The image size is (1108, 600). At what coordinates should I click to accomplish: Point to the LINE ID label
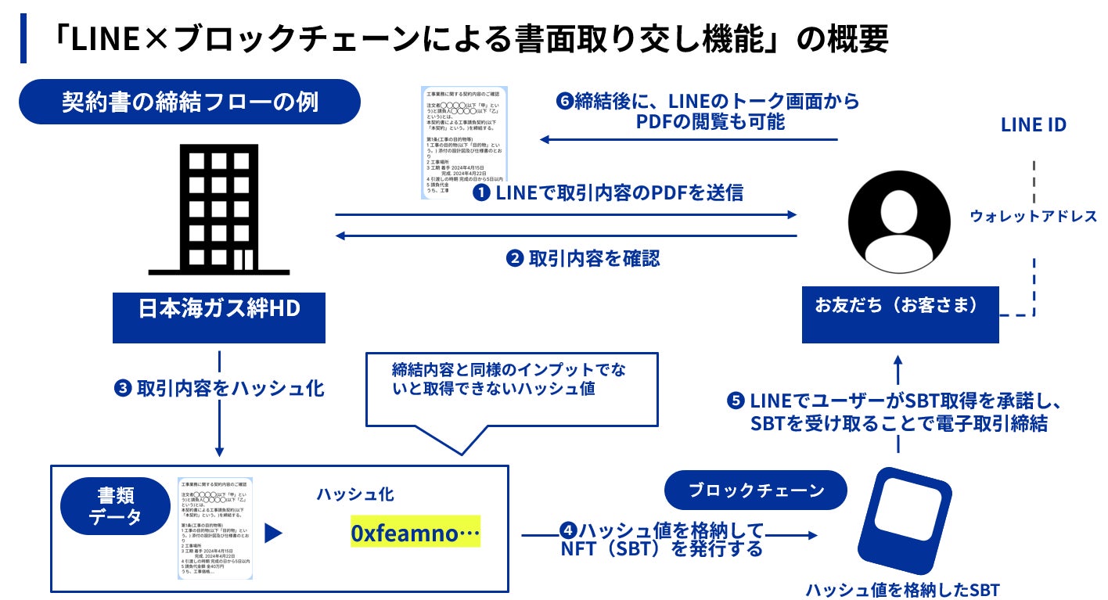point(1033,124)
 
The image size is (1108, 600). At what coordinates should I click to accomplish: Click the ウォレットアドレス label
point(1033,216)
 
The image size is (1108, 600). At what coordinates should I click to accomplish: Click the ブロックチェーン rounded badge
point(756,490)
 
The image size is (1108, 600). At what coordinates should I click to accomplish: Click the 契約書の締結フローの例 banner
point(190,102)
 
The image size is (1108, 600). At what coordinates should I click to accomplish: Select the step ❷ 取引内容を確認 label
point(583,258)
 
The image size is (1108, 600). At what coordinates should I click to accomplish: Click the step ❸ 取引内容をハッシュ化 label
point(219,388)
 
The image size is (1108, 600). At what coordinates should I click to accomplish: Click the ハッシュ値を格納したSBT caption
point(902,589)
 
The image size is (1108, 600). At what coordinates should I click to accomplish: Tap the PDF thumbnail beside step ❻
point(464,142)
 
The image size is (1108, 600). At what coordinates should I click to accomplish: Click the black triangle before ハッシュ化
point(273,534)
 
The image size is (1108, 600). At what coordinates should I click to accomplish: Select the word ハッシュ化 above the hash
point(355,494)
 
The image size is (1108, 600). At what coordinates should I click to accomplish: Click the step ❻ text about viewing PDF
point(708,111)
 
